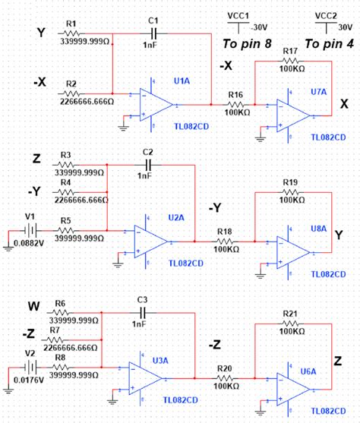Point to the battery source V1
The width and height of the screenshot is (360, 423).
(30, 229)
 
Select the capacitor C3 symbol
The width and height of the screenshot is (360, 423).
(142, 313)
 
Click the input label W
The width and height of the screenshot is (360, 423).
(33, 307)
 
